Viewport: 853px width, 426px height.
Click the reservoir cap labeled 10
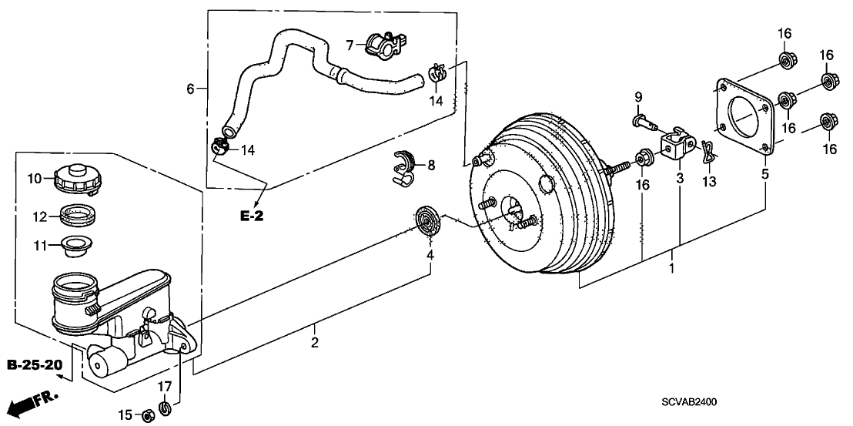click(75, 179)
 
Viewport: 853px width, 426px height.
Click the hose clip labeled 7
click(386, 44)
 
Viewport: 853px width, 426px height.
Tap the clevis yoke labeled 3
click(677, 143)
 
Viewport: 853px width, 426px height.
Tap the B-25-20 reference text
click(34, 364)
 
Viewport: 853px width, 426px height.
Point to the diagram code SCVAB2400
click(690, 402)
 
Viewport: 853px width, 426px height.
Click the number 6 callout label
click(190, 88)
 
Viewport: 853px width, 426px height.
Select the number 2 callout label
click(314, 344)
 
